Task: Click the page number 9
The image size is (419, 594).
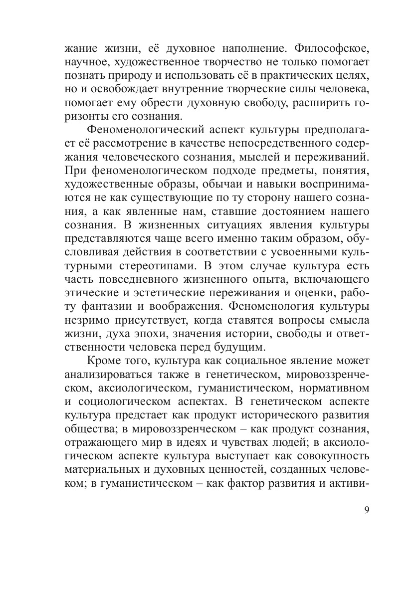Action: (x=366, y=510)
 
